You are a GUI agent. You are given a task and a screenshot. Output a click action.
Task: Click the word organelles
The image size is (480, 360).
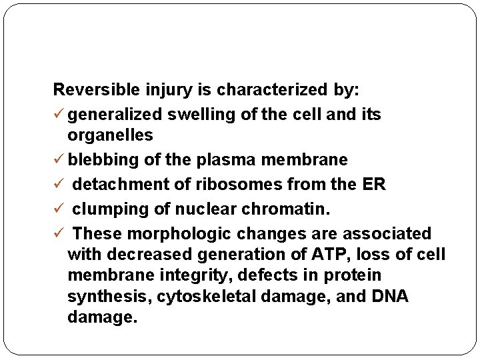point(110,135)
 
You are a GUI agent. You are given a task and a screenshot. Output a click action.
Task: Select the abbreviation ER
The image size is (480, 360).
point(374,185)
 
